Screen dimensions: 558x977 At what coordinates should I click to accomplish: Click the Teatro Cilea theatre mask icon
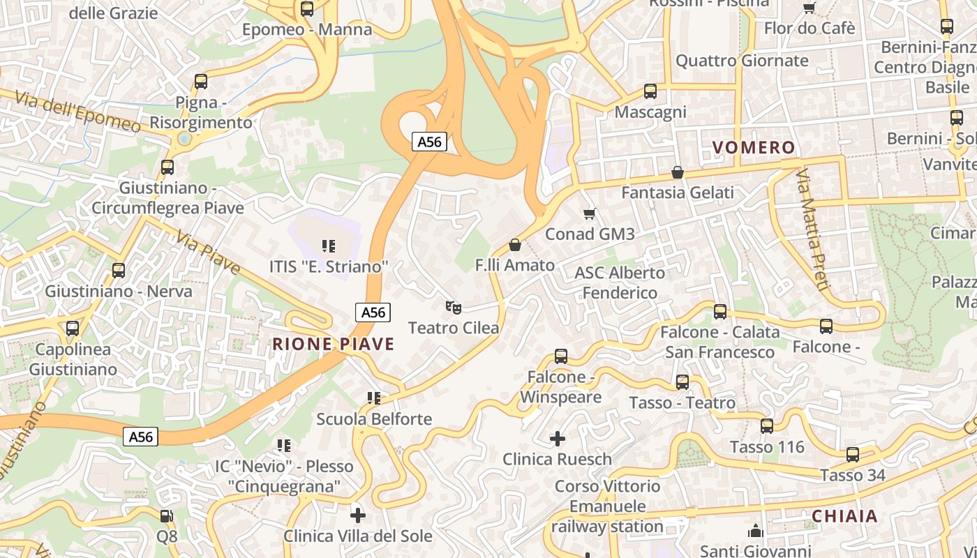click(454, 307)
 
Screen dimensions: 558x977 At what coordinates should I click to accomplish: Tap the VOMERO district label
click(753, 147)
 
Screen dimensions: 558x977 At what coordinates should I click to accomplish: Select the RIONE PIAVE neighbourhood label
click(333, 344)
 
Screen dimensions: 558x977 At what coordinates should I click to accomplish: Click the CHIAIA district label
click(844, 516)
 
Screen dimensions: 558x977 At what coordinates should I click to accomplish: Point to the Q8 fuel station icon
click(167, 516)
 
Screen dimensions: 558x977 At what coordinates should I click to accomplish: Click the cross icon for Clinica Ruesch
click(558, 439)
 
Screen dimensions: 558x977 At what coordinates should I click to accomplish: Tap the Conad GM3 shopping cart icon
click(590, 213)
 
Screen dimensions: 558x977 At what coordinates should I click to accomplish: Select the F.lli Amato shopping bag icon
click(515, 245)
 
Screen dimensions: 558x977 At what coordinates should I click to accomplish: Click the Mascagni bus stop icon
click(650, 91)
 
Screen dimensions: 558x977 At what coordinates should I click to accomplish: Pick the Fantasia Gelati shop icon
click(677, 172)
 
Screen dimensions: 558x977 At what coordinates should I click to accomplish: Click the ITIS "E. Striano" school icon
click(328, 246)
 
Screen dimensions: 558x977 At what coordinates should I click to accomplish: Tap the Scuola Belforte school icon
click(374, 398)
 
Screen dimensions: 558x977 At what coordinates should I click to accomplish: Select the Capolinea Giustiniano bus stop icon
click(73, 329)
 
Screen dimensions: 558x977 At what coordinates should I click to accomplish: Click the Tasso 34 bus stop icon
click(853, 455)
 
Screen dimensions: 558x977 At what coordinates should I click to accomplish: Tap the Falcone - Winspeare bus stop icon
click(561, 356)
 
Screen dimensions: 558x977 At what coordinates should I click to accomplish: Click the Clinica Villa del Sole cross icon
click(358, 515)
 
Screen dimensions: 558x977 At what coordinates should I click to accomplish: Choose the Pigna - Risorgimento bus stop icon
click(201, 82)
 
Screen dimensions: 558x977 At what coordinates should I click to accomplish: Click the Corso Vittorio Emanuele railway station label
click(607, 506)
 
